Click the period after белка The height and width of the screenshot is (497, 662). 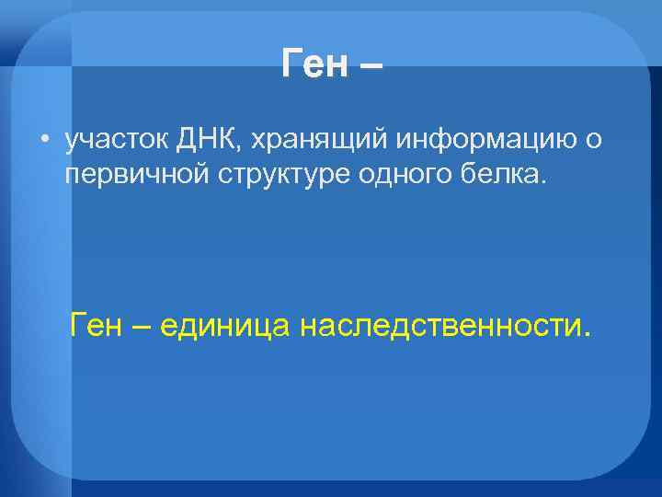(542, 181)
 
